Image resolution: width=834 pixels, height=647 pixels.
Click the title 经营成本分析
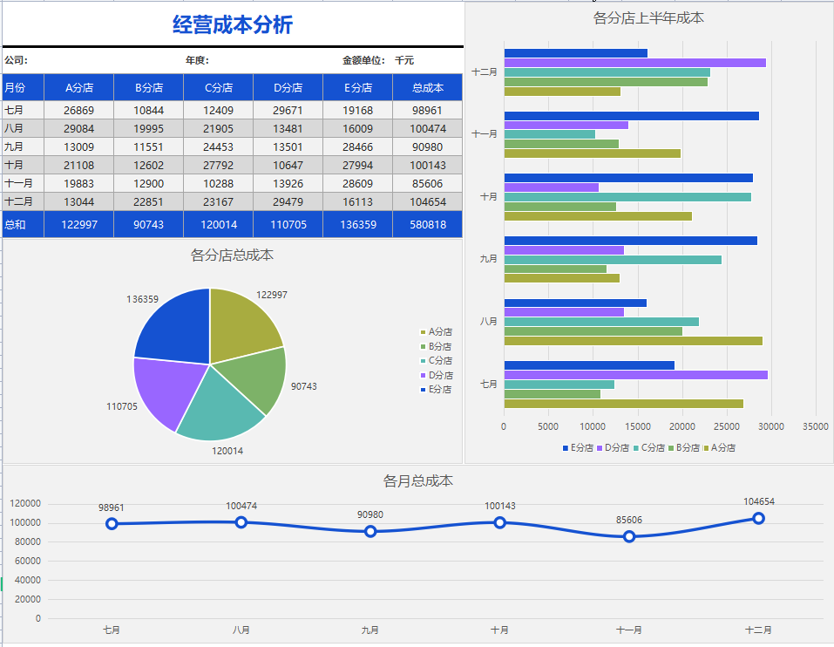(x=233, y=25)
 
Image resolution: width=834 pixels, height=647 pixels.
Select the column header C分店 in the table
(x=218, y=88)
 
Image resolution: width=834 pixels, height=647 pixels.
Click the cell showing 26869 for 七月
(x=78, y=111)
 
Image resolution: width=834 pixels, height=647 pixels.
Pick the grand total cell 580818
(x=427, y=225)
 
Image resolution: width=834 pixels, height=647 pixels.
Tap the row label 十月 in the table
(x=14, y=166)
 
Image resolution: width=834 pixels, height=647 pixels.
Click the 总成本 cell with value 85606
(x=427, y=184)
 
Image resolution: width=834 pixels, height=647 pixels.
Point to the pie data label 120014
(x=227, y=451)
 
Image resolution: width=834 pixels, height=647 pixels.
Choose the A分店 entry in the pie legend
(x=440, y=332)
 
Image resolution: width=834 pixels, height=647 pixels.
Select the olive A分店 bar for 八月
(x=633, y=341)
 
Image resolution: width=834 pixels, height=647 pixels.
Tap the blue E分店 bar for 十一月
(x=631, y=116)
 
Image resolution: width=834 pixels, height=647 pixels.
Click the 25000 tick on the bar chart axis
(x=726, y=426)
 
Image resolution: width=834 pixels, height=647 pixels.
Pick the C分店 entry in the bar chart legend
(x=653, y=447)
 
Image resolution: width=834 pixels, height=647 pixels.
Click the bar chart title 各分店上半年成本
(x=648, y=17)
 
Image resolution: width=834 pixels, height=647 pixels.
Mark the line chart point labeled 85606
(x=629, y=536)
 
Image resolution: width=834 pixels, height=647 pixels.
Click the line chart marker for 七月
(x=112, y=524)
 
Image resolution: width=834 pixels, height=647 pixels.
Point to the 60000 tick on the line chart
(x=25, y=561)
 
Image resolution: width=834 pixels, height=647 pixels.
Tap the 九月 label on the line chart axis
(x=370, y=630)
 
